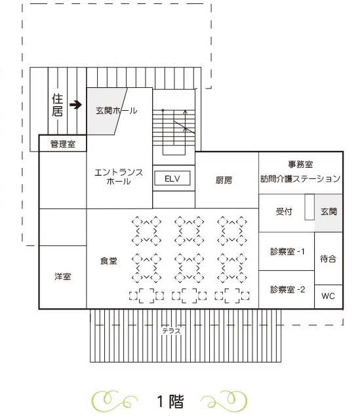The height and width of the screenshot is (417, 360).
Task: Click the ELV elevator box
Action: pyautogui.click(x=172, y=178)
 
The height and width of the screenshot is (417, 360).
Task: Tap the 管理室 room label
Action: pyautogui.click(x=63, y=144)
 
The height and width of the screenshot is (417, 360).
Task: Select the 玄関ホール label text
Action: pyautogui.click(x=117, y=110)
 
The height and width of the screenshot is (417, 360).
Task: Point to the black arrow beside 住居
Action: pyautogui.click(x=76, y=104)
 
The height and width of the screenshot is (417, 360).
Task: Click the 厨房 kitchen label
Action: pyautogui.click(x=224, y=180)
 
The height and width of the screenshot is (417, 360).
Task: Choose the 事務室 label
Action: pyautogui.click(x=300, y=165)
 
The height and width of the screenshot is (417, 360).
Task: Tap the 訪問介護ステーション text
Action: pyautogui.click(x=300, y=179)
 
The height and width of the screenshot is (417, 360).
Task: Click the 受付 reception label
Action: pyautogui.click(x=284, y=212)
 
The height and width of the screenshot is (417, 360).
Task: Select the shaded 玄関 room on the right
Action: pyautogui.click(x=329, y=212)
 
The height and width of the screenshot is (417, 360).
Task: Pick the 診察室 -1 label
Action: pyautogui.click(x=287, y=251)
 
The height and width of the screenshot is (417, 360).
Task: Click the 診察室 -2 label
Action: pyautogui.click(x=287, y=289)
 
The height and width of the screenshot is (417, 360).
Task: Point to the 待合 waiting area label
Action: pyautogui.click(x=328, y=258)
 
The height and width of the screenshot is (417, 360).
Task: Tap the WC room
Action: pyautogui.click(x=329, y=296)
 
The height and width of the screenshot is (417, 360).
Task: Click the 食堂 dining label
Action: pyautogui.click(x=108, y=261)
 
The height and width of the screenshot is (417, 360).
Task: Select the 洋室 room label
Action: pyautogui.click(x=63, y=277)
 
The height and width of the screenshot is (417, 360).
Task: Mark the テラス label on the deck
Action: pyautogui.click(x=172, y=331)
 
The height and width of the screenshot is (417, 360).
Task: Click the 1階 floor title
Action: pyautogui.click(x=170, y=401)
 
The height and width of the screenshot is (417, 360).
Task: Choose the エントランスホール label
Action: pyautogui.click(x=119, y=176)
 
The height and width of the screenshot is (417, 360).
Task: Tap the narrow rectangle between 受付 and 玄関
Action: pyautogui.click(x=310, y=207)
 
